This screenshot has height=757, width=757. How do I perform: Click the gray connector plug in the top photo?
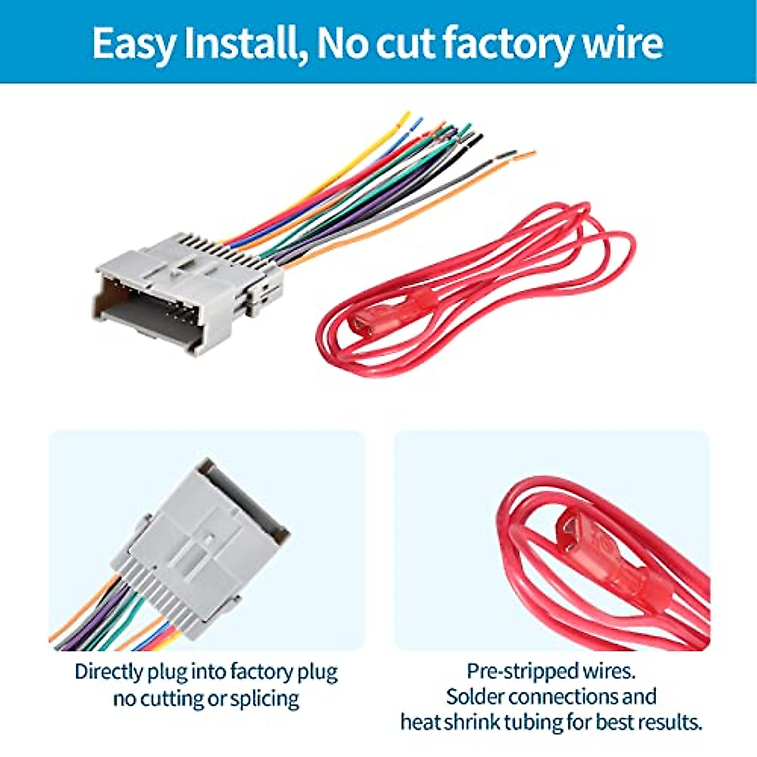(x=177, y=290)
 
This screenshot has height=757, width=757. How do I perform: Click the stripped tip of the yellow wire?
(x=404, y=117)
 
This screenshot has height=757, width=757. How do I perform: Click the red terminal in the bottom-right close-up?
(x=606, y=561)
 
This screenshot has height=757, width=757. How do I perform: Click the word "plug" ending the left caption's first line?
(x=318, y=671)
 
